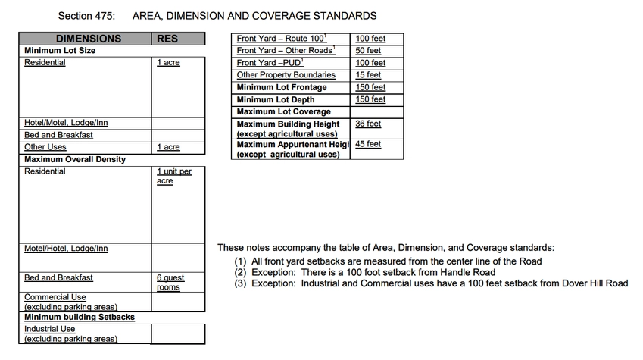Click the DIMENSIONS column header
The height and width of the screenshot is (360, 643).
(88, 39)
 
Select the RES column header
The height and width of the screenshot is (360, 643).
(167, 39)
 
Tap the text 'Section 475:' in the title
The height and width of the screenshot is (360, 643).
(86, 16)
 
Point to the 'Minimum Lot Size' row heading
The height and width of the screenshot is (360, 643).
(60, 50)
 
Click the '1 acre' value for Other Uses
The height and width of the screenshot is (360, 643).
(168, 147)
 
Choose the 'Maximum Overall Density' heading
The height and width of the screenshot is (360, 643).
(75, 159)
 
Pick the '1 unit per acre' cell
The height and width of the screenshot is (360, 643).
(173, 176)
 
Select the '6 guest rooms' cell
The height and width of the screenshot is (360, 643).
(170, 283)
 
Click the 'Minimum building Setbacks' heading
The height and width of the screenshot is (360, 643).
(80, 317)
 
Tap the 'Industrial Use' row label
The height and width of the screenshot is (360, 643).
(49, 329)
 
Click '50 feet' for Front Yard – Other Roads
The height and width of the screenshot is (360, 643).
(368, 51)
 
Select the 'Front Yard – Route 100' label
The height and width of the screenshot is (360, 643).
(281, 39)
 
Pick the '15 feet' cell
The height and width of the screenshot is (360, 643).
(368, 75)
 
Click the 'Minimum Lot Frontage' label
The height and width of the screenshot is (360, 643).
(282, 87)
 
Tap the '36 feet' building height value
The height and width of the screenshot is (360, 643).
(368, 124)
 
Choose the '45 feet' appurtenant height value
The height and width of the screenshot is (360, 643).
(368, 144)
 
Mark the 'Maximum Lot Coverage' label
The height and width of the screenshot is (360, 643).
(283, 111)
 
